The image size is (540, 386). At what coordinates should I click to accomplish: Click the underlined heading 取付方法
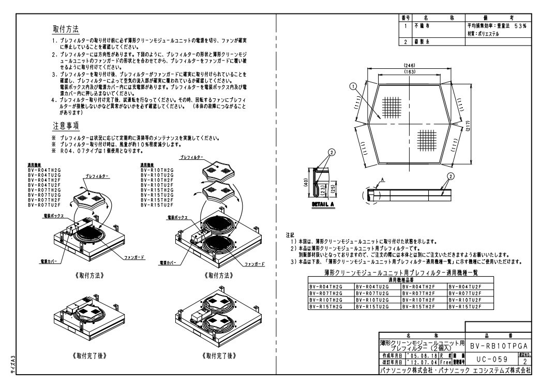click(x=66, y=27)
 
